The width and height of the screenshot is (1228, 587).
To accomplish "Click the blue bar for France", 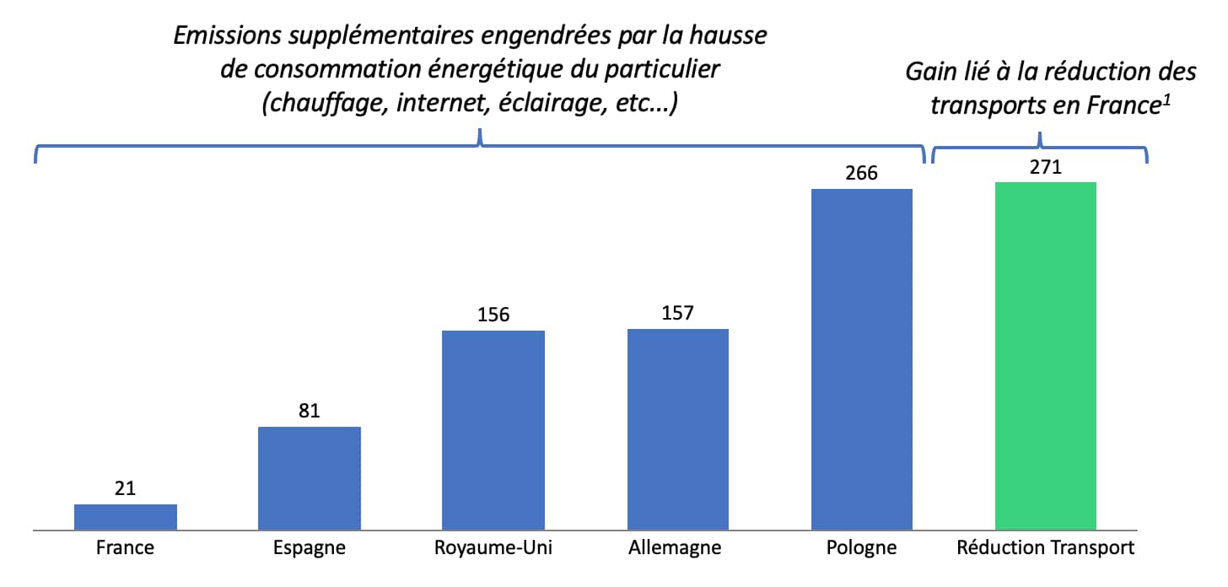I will (x=126, y=517).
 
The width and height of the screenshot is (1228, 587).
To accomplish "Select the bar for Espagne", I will (x=310, y=478).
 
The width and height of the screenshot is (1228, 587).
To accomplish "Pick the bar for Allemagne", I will (x=677, y=429).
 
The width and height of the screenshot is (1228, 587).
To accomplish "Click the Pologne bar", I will (x=861, y=359).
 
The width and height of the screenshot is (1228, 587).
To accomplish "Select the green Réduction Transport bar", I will (x=1045, y=356).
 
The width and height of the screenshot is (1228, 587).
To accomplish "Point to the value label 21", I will (x=126, y=489).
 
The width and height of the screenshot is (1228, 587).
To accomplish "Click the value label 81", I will (x=310, y=412).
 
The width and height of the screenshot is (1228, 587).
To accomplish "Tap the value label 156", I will (x=493, y=315).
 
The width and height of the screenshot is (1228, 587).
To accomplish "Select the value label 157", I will (x=677, y=314).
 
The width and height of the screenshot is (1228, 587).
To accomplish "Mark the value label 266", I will (x=861, y=174).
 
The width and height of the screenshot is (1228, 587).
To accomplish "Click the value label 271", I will (x=1045, y=167).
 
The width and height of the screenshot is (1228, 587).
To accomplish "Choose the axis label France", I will (x=126, y=548).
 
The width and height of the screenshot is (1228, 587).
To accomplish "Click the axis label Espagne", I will (x=310, y=548).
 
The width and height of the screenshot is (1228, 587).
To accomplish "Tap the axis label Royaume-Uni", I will (x=493, y=548).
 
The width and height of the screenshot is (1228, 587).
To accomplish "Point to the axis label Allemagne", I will (x=675, y=548).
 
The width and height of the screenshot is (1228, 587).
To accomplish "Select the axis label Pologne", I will (x=861, y=548).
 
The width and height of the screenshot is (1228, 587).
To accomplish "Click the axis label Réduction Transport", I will (x=1046, y=548).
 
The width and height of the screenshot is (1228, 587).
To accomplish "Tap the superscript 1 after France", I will (x=1168, y=100).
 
